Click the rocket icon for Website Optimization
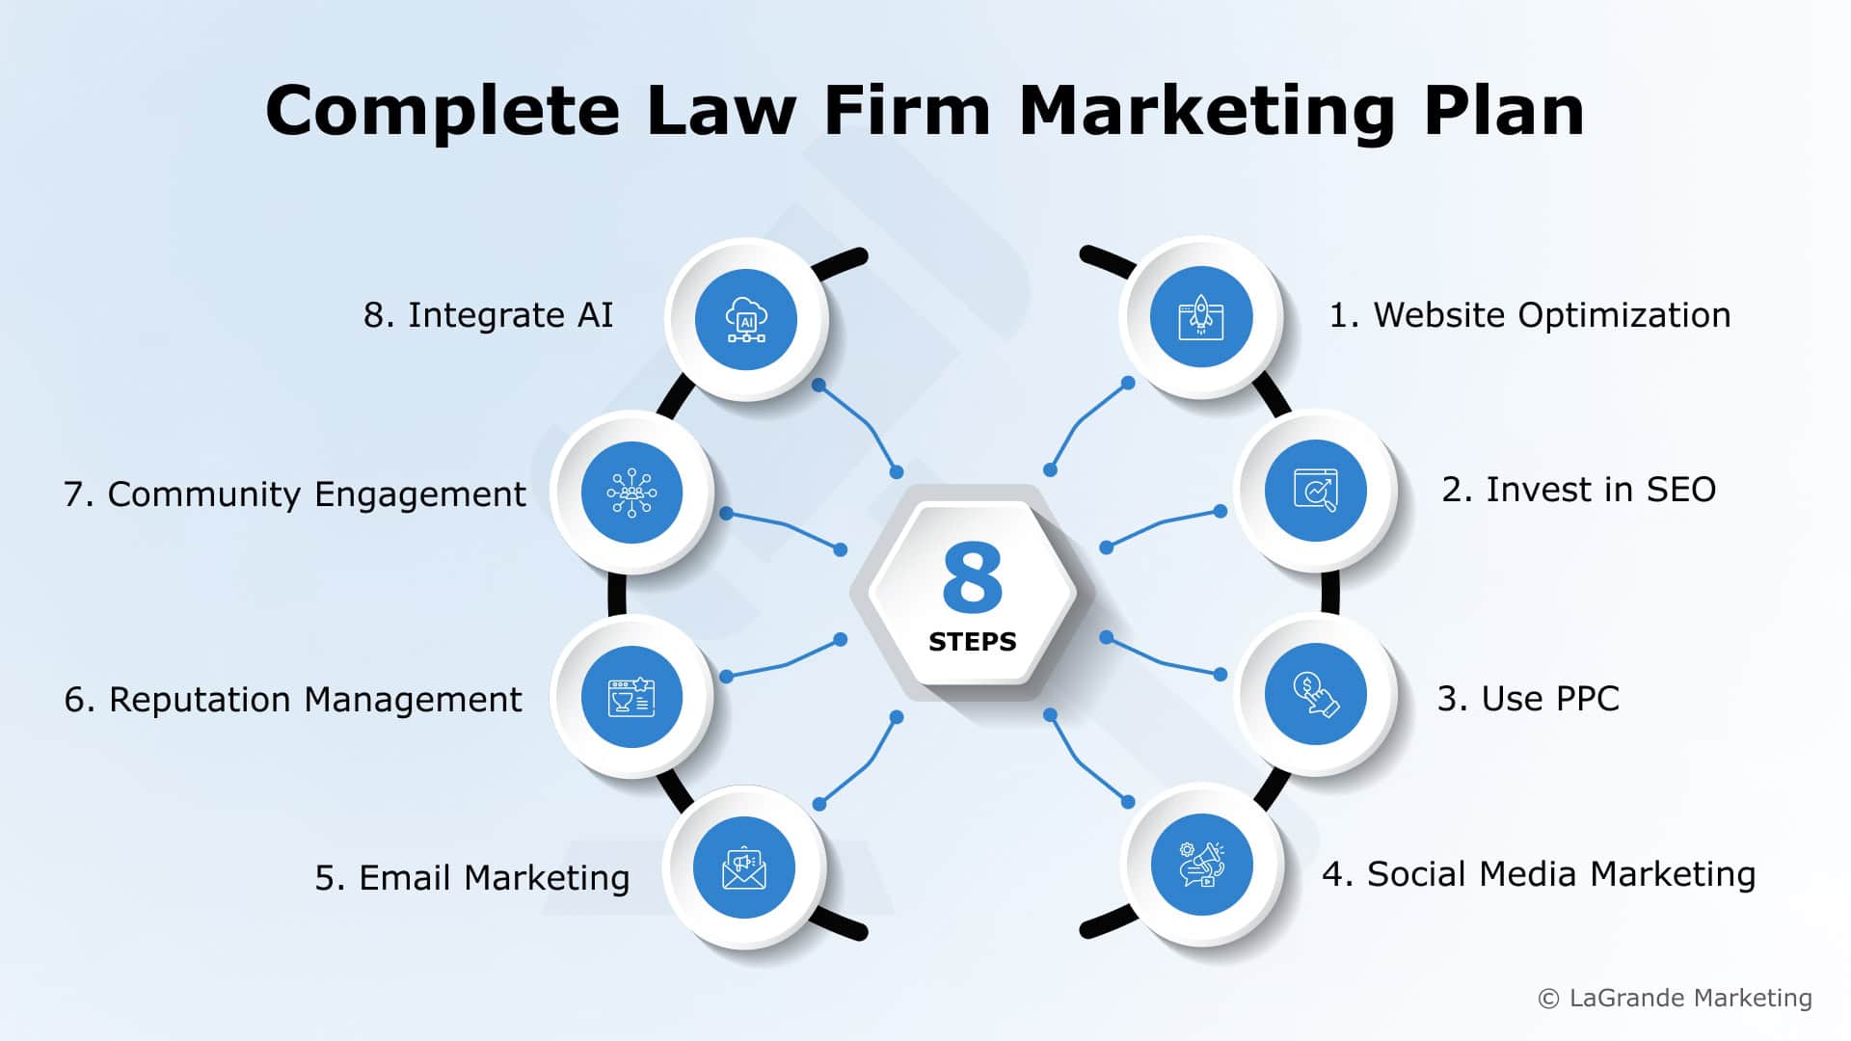[x=1200, y=317]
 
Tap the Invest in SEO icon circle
[x=1315, y=491]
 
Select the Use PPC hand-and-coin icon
[x=1315, y=694]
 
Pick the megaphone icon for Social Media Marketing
[x=1201, y=865]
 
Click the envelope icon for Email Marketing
[x=744, y=867]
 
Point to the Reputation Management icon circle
[x=631, y=697]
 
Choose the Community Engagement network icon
[x=631, y=493]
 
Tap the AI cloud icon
[x=745, y=319]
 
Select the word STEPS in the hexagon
[x=972, y=642]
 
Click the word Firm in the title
[x=906, y=110]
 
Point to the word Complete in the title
[x=442, y=112]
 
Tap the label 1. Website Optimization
[x=1529, y=315]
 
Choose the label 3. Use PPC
[x=1528, y=699]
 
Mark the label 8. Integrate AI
[x=488, y=315]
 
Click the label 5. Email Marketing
[x=471, y=878]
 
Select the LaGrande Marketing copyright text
[x=1676, y=998]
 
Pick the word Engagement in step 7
[x=420, y=495]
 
